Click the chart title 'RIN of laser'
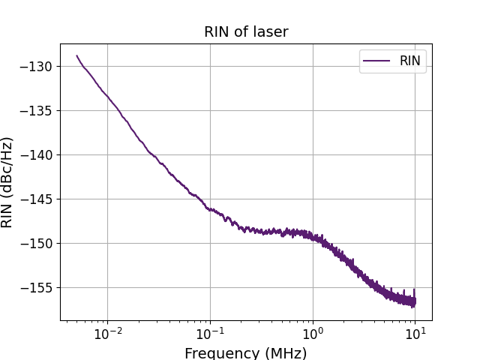(x=246, y=32)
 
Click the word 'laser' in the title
(x=271, y=32)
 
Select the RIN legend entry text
(x=409, y=61)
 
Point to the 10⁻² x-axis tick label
(x=107, y=332)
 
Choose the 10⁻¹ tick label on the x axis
(x=210, y=332)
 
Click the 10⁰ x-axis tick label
(x=312, y=332)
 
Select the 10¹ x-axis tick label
(x=414, y=332)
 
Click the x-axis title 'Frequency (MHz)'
(x=246, y=352)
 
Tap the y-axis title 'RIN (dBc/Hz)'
(x=9, y=182)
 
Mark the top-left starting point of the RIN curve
(x=76, y=55)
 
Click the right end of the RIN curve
(x=415, y=301)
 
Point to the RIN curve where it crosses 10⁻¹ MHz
(x=210, y=209)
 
